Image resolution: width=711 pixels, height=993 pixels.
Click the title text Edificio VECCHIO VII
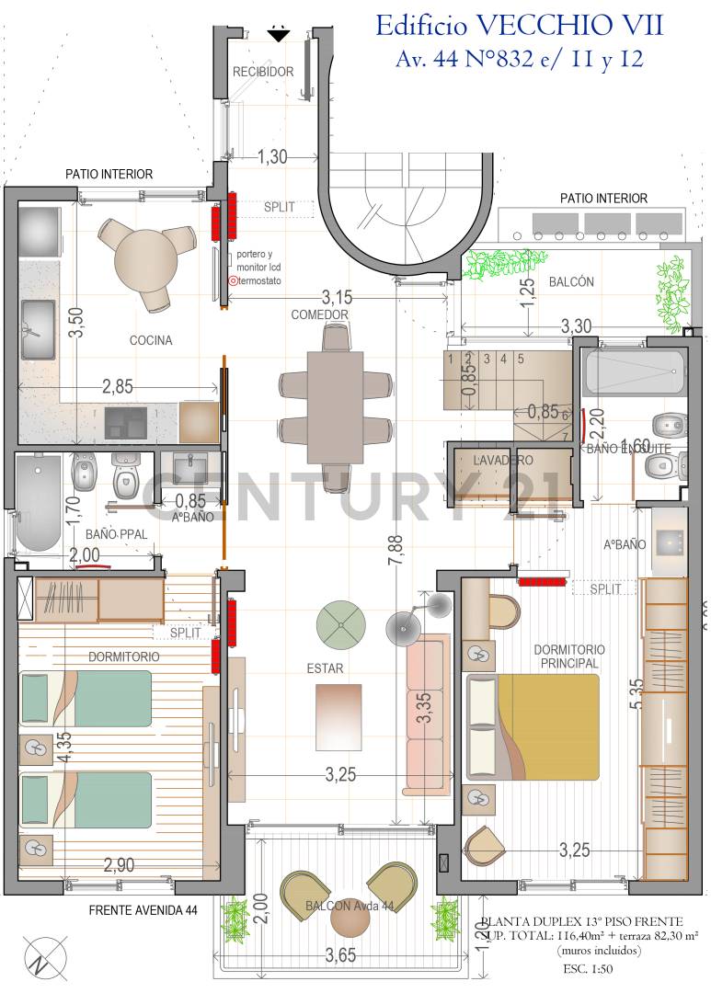coord(519,25)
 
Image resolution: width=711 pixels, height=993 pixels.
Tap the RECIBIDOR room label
coord(263,72)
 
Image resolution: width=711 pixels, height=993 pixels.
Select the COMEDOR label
coord(320,314)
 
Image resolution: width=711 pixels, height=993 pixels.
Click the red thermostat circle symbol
coord(232,280)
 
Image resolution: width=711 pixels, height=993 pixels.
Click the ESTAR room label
coord(327,668)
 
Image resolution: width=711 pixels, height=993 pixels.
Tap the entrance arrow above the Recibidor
coord(278,35)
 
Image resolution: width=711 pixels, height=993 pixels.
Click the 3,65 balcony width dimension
coord(339,956)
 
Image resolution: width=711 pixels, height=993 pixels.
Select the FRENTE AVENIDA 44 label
coord(143,910)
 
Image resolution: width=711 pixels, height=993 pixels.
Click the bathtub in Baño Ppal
coord(39,502)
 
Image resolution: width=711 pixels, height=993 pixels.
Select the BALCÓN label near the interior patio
coord(571,282)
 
